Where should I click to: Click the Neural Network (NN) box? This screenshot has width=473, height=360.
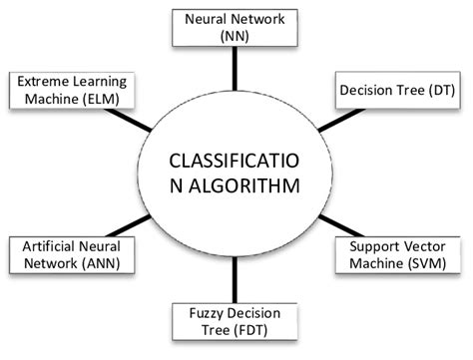click(236, 27)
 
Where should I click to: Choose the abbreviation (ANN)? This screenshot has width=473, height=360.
click(93, 262)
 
